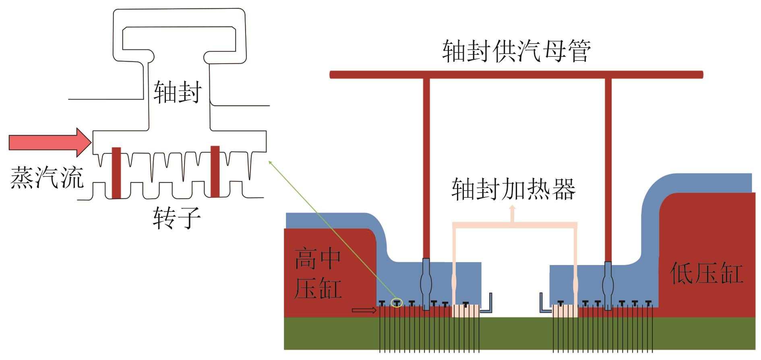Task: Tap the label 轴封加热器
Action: point(513,189)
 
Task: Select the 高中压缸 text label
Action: point(318,274)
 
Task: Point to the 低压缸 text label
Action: point(706,274)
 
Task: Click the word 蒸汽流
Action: point(47,178)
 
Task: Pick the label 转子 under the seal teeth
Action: point(177,218)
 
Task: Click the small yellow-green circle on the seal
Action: point(397,303)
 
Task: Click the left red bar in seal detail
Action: point(116,173)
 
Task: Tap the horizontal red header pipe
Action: point(516,74)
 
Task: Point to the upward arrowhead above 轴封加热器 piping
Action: point(513,209)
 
